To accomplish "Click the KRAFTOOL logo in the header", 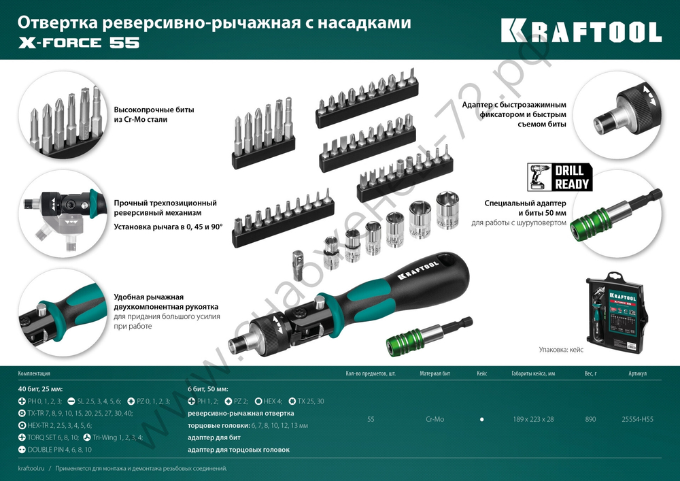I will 581,31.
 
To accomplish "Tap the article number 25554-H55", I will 637,419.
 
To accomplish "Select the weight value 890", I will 590,419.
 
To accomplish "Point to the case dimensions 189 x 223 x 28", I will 533,419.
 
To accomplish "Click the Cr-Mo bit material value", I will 435,419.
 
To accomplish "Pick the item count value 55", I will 370,419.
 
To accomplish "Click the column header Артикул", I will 637,374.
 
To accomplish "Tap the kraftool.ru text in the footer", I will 32,469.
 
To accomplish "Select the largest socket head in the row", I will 447,209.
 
